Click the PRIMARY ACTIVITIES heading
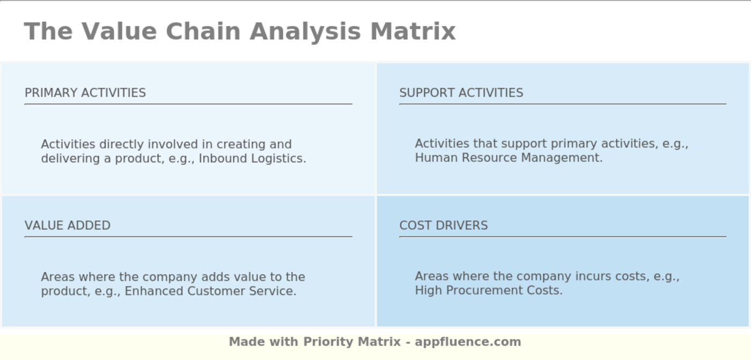tap(85, 93)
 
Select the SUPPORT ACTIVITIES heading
tap(461, 93)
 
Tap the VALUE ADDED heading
tap(68, 225)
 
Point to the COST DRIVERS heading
tap(444, 225)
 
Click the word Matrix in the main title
tap(413, 31)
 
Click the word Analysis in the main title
tap(305, 31)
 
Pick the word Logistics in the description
tap(278, 159)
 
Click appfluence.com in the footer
tap(468, 342)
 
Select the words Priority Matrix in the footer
tap(352, 342)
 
